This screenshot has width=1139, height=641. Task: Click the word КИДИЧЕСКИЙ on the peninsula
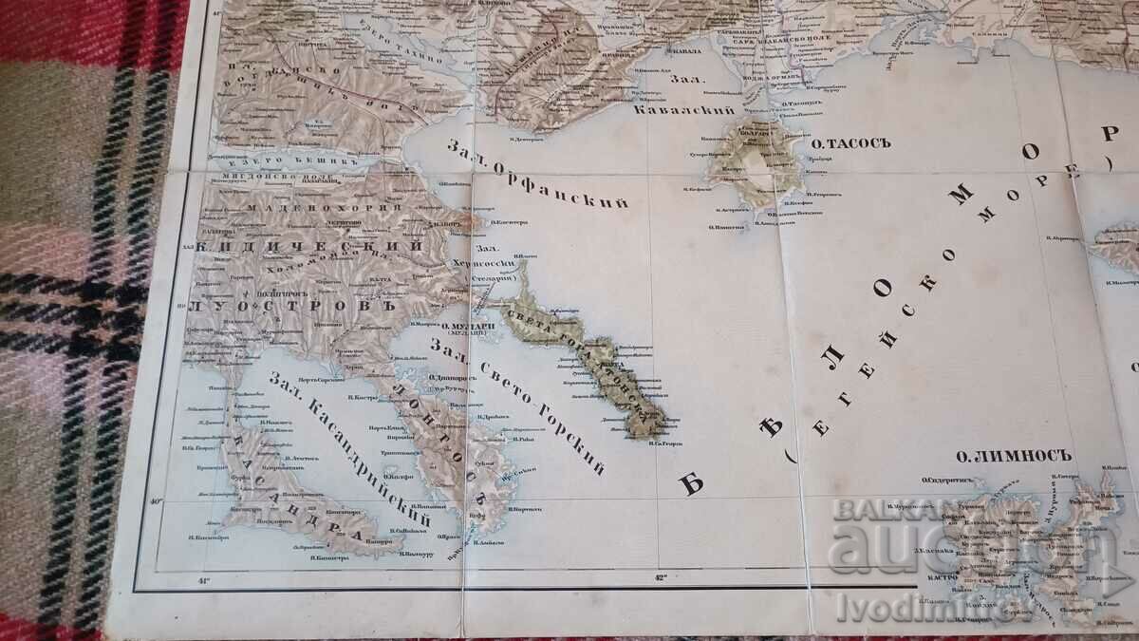[308, 244]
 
